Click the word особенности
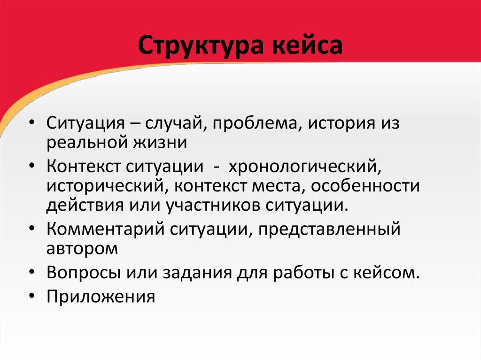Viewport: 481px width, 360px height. point(365,186)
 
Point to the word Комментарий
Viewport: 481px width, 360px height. point(106,229)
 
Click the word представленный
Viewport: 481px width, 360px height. point(329,230)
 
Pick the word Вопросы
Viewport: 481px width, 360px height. point(84,273)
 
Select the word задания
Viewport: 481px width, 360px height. point(197,273)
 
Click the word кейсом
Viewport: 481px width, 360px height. point(386,273)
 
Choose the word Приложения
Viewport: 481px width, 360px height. point(101,297)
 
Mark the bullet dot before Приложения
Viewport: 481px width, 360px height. point(32,297)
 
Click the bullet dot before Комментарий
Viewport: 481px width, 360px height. point(32,229)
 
